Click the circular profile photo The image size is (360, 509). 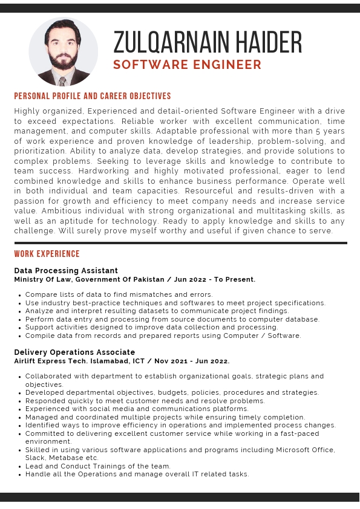[63, 51]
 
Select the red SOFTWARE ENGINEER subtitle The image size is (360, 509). [188, 65]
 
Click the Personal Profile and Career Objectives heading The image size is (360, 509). [93, 96]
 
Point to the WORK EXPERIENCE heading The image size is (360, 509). [47, 254]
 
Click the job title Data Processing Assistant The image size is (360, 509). [66, 270]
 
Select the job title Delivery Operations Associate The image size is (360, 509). [74, 352]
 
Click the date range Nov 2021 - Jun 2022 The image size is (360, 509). [192, 361]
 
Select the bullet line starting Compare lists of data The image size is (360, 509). [119, 294]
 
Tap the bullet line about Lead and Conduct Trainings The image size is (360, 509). [98, 466]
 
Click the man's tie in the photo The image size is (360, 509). [62, 80]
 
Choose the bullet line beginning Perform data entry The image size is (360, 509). [172, 319]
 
